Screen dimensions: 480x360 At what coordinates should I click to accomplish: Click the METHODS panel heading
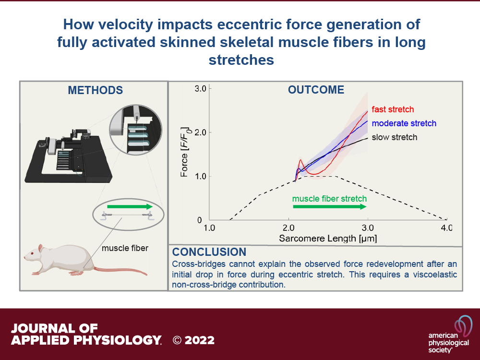[95, 90]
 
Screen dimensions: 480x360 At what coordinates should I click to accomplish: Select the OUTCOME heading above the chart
[316, 90]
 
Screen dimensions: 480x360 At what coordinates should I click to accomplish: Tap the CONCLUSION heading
[209, 252]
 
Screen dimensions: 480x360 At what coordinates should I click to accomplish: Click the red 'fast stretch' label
[393, 109]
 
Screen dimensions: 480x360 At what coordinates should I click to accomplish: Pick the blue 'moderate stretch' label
[404, 123]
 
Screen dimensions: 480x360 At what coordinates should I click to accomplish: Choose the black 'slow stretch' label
[394, 137]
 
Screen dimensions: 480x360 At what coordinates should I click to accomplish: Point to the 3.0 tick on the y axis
[201, 89]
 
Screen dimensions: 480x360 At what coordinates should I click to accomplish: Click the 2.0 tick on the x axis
[288, 228]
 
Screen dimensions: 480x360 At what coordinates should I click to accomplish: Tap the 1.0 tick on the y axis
[201, 177]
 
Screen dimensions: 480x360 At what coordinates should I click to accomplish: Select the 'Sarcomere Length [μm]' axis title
[328, 239]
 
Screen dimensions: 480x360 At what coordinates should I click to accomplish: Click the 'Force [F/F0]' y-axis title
[185, 152]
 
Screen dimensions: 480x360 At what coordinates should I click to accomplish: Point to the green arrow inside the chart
[330, 206]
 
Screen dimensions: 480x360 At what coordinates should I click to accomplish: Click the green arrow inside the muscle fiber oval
[130, 206]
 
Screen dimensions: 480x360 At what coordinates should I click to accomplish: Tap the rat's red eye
[31, 254]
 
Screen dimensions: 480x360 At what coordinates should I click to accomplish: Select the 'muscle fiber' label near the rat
[125, 248]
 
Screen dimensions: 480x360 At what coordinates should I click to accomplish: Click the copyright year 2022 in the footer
[200, 340]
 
